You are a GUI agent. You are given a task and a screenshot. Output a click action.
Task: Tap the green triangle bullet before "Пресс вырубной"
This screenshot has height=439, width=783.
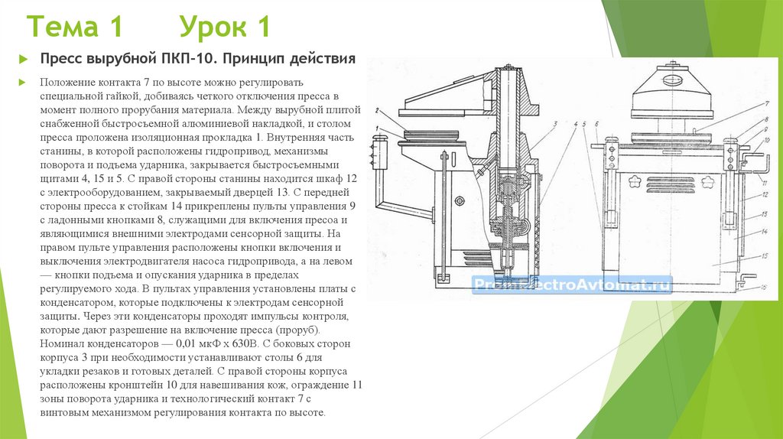coord(24,60)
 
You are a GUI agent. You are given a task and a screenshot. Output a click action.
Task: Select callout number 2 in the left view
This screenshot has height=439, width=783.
coord(378,111)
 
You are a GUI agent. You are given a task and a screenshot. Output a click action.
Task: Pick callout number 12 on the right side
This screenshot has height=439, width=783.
coord(765,195)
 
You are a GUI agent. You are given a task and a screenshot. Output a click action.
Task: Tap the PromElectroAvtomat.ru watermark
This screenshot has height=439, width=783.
coord(572,285)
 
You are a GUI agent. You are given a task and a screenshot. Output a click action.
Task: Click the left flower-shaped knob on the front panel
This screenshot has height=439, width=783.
coord(635,180)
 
